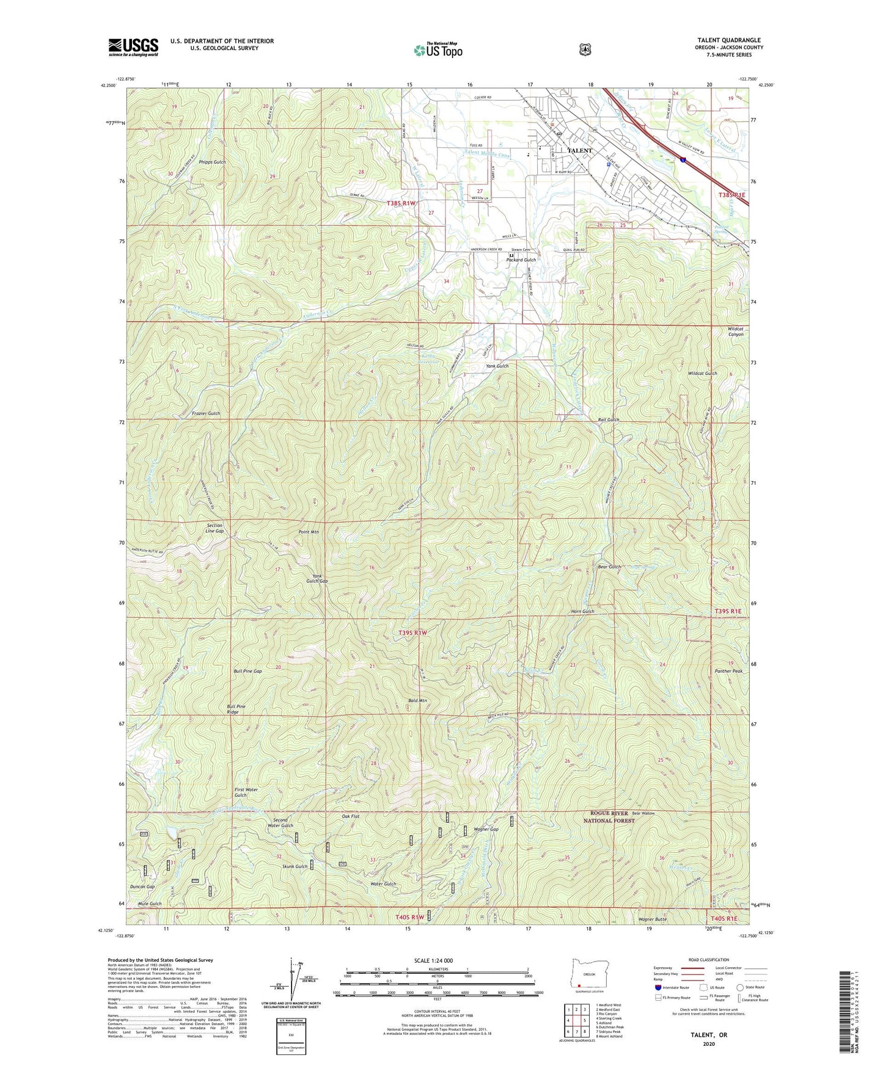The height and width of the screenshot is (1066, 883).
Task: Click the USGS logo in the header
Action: click(x=133, y=46)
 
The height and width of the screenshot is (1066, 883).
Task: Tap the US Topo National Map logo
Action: click(x=438, y=49)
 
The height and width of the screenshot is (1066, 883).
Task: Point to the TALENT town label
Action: click(x=580, y=150)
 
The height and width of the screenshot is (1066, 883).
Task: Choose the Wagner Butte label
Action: click(x=653, y=919)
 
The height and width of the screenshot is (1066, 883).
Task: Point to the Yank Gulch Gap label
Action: click(x=320, y=578)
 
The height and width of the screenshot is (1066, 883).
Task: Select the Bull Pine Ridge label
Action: click(x=236, y=709)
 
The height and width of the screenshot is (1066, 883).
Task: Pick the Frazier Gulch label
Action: click(x=205, y=413)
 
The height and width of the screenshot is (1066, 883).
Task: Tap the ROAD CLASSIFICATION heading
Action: click(x=708, y=960)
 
